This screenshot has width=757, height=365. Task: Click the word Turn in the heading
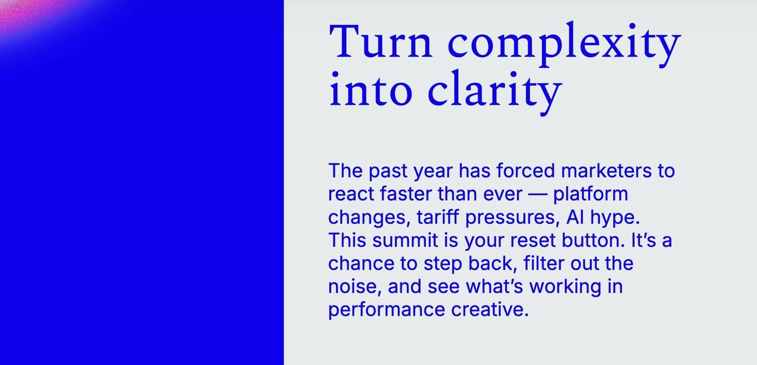[x=380, y=41]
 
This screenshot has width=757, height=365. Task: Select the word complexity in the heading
[x=564, y=44]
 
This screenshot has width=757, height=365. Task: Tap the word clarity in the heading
[x=495, y=92]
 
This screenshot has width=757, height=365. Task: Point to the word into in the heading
[x=371, y=89]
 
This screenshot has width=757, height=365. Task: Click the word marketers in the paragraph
[x=606, y=170]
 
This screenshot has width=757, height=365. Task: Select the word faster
[x=405, y=193]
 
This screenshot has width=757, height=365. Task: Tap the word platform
[x=590, y=194]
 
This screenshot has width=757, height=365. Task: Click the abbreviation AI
[x=575, y=217]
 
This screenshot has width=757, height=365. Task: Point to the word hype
[x=615, y=218]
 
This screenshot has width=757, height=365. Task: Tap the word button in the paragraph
[x=593, y=240]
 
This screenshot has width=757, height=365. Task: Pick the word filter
[x=544, y=263]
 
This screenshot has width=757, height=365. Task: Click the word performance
[x=386, y=310]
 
